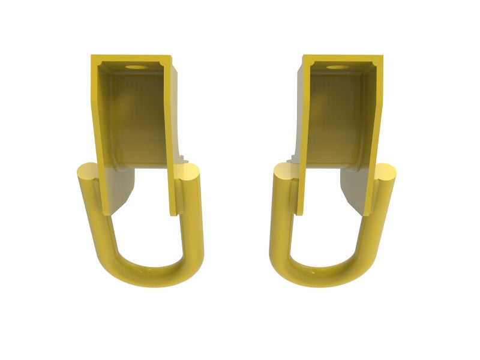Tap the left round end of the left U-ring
click(x=88, y=173)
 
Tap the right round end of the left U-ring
click(x=189, y=174)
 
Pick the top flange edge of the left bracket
click(x=132, y=58)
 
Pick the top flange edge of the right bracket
click(x=343, y=58)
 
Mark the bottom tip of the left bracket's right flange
click(x=175, y=211)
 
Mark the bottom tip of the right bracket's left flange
click(x=299, y=211)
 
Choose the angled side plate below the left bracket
click(x=123, y=189)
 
